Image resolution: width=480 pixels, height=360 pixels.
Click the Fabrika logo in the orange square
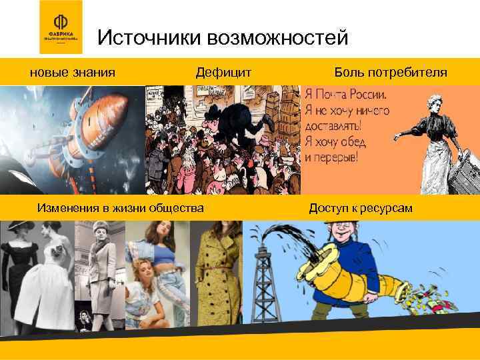coord(61,27)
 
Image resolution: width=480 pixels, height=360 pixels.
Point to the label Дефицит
coord(223,72)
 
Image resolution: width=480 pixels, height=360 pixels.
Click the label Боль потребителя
coord(391,72)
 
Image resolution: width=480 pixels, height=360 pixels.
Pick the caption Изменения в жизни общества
coord(121,209)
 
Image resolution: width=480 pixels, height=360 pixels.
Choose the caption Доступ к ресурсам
coord(361,209)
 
